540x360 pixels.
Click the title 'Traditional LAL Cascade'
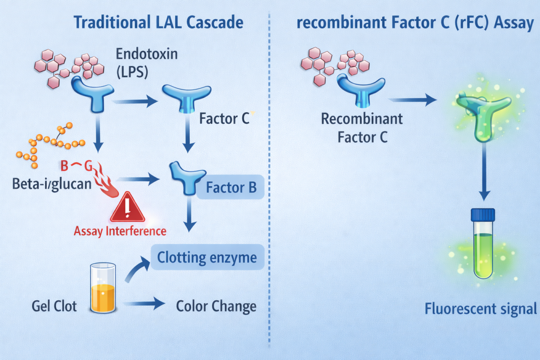point(158,22)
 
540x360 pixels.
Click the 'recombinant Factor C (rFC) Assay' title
point(415,22)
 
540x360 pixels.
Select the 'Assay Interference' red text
point(120,231)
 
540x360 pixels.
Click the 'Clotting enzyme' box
point(207,258)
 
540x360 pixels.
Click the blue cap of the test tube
point(483,215)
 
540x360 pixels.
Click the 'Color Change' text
point(216,306)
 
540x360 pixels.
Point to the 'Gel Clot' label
point(54,306)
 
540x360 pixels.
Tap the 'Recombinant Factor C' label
point(362,128)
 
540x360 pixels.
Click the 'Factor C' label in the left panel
point(224,119)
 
